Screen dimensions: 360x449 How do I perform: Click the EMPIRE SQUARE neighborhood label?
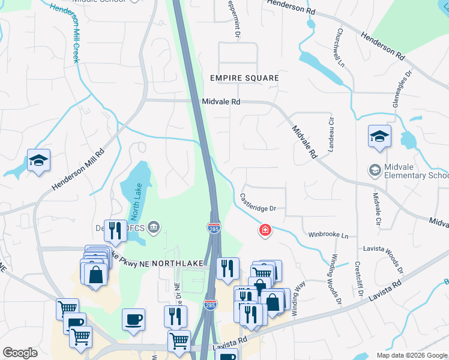pos(244,78)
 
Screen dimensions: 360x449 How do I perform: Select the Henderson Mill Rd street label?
pos(78,170)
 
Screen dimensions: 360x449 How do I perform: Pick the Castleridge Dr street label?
pos(258,202)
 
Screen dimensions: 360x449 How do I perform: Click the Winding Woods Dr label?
pos(334,280)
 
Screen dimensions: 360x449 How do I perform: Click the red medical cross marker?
pos(264,230)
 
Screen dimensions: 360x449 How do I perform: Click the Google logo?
pos(20,353)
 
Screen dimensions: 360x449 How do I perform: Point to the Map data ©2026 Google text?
pos(411,355)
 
